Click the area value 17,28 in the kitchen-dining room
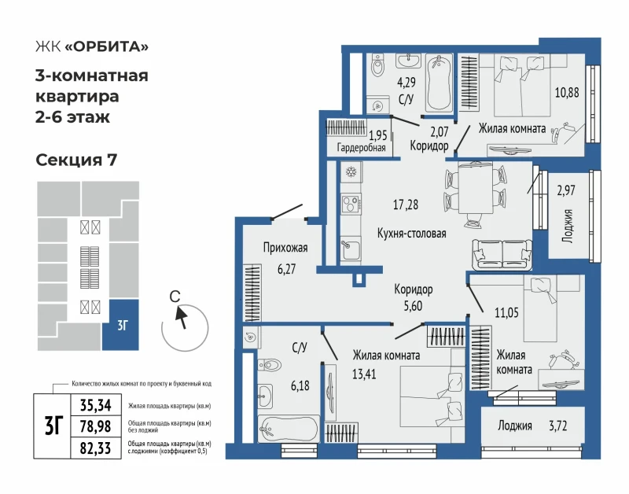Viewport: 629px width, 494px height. pyautogui.click(x=405, y=205)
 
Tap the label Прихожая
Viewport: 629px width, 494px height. pyautogui.click(x=285, y=248)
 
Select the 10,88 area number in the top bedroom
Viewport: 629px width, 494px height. pyautogui.click(x=567, y=93)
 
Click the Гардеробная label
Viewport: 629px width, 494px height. pyautogui.click(x=361, y=148)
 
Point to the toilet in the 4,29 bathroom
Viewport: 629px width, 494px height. pyautogui.click(x=377, y=65)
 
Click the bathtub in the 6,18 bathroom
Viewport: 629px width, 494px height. pyautogui.click(x=289, y=429)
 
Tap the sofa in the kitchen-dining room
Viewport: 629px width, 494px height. pyautogui.click(x=502, y=254)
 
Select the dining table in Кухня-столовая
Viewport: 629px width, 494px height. pyautogui.click(x=476, y=189)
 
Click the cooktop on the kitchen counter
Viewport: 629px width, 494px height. pyautogui.click(x=351, y=203)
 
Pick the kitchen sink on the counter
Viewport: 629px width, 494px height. pyautogui.click(x=351, y=249)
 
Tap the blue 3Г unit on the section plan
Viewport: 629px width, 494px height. pyautogui.click(x=120, y=325)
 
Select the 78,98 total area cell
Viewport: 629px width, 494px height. pyautogui.click(x=95, y=426)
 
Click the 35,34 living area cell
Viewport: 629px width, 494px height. pyautogui.click(x=95, y=405)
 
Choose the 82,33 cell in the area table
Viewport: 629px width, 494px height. pyautogui.click(x=95, y=448)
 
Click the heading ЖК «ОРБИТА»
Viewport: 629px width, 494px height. pyautogui.click(x=92, y=47)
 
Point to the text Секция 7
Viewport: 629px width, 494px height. pyautogui.click(x=76, y=160)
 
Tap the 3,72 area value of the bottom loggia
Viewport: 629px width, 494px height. pyautogui.click(x=557, y=426)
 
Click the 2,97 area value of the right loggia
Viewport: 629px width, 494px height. pyautogui.click(x=566, y=190)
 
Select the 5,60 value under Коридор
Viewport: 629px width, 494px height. pyautogui.click(x=413, y=306)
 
